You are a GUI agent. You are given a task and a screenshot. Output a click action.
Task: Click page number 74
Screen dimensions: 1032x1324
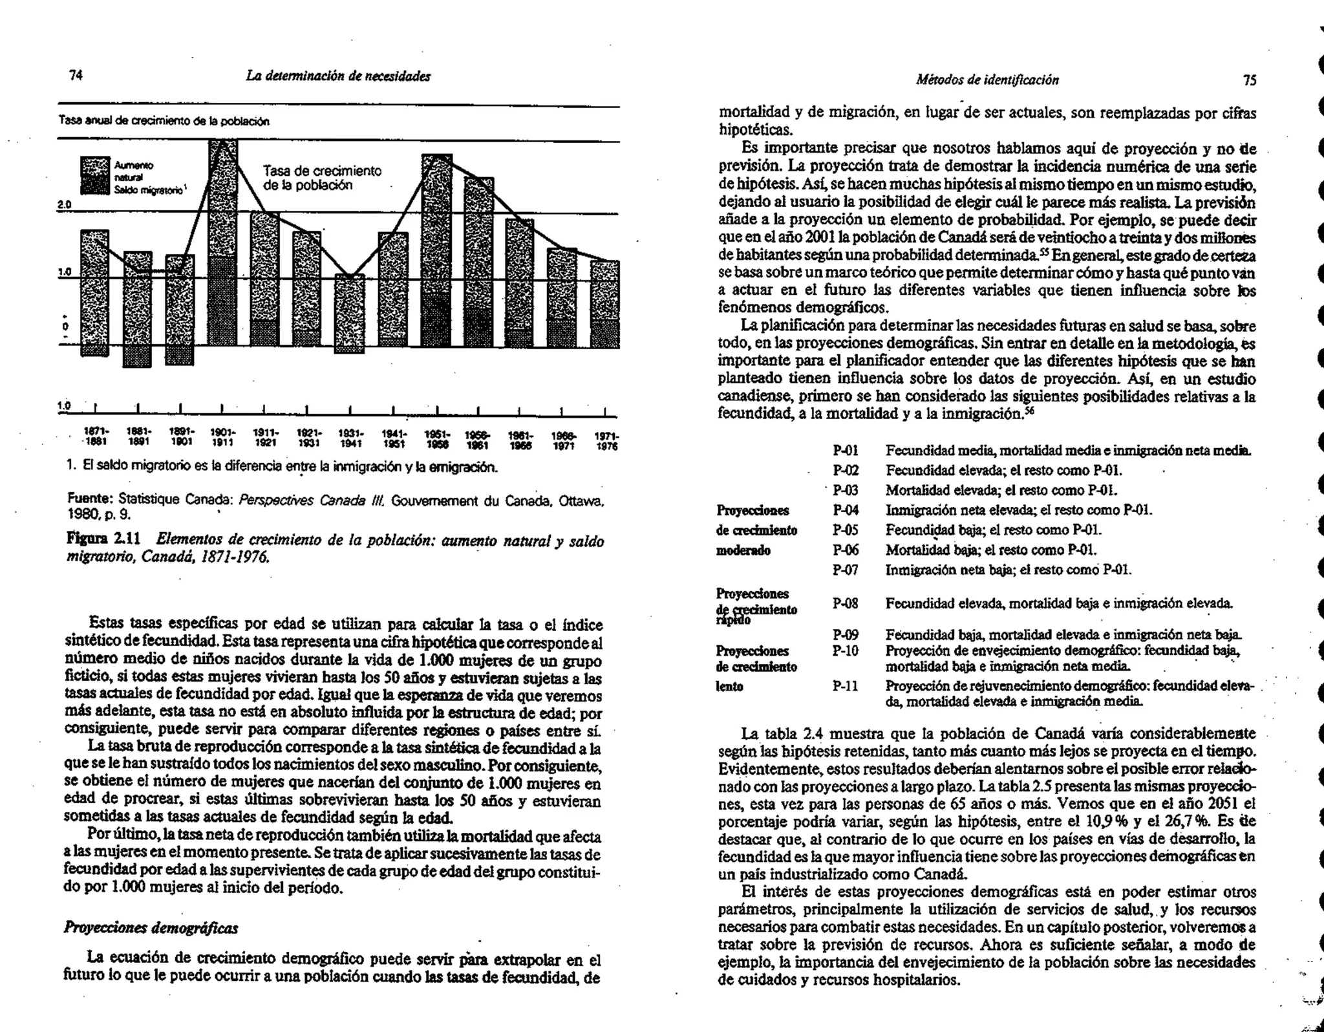pyautogui.click(x=76, y=76)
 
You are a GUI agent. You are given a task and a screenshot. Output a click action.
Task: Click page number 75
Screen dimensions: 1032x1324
pyautogui.click(x=1250, y=80)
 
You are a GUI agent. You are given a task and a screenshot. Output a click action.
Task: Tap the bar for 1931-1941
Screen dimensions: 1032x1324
pyautogui.click(x=350, y=313)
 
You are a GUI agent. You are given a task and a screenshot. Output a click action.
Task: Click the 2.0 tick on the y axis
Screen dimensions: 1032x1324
pyautogui.click(x=63, y=205)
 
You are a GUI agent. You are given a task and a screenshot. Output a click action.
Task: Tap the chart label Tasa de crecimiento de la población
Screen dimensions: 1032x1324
pyautogui.click(x=322, y=178)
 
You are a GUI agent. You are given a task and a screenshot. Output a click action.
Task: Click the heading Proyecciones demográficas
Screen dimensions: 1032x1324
pyautogui.click(x=151, y=928)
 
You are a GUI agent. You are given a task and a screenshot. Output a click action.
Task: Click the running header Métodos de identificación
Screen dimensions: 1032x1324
pyautogui.click(x=987, y=80)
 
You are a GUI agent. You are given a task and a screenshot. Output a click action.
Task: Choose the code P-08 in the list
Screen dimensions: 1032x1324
pyautogui.click(x=846, y=603)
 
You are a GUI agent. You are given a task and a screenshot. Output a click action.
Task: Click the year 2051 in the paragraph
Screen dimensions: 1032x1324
pyautogui.click(x=1221, y=804)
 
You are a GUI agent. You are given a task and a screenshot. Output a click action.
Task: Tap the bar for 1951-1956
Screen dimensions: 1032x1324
pyautogui.click(x=436, y=250)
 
